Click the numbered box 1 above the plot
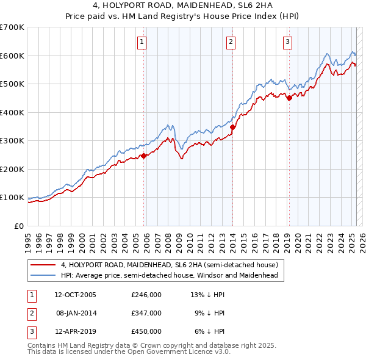click(142, 42)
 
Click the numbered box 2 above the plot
click(231, 42)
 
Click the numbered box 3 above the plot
click(287, 42)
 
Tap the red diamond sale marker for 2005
click(144, 156)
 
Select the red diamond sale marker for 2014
click(232, 128)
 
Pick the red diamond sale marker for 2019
click(289, 99)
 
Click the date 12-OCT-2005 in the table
click(75, 295)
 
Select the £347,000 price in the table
click(146, 313)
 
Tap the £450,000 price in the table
click(146, 331)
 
